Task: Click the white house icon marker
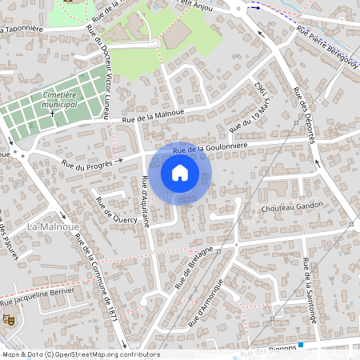coord(180,173)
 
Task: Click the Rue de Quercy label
coord(115,209)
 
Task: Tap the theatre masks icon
coord(10,318)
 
